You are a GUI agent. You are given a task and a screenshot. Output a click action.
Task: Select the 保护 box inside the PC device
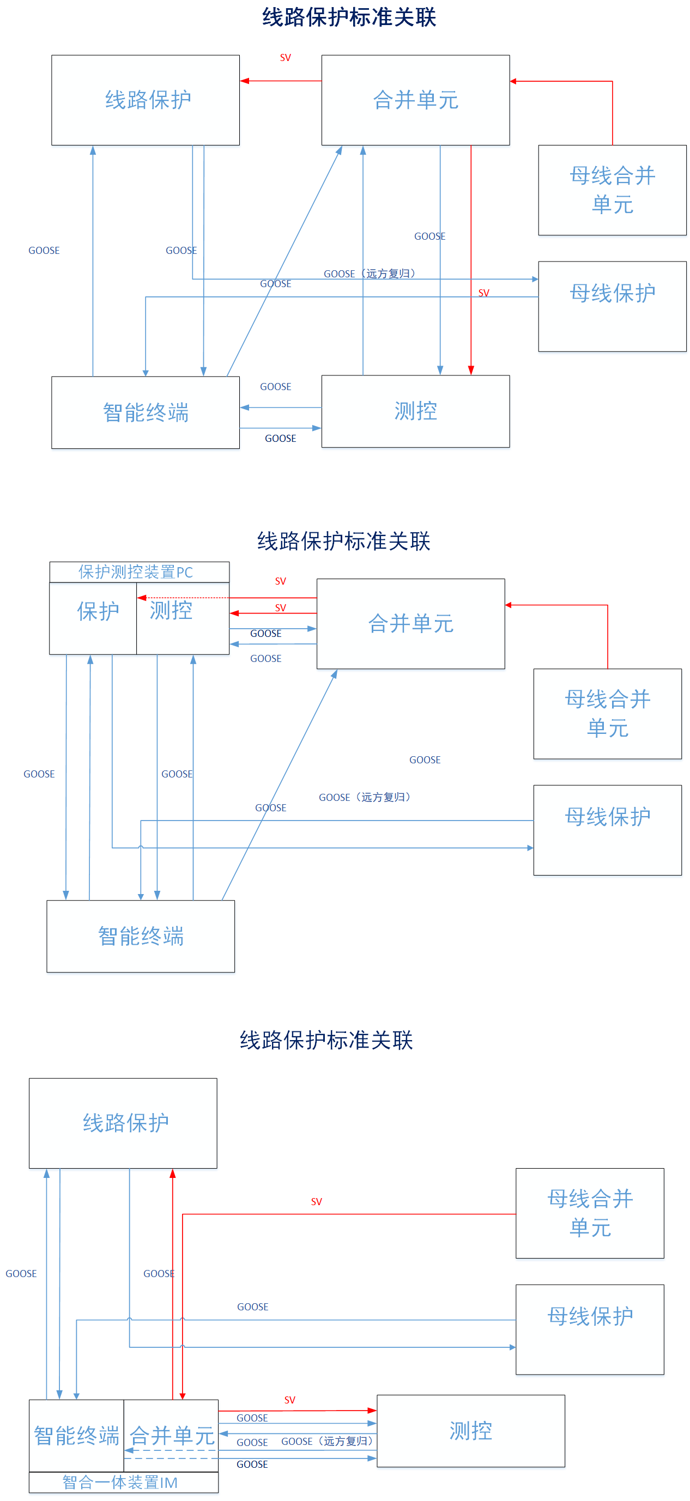(93, 618)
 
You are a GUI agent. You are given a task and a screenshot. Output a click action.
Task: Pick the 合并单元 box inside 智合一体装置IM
(171, 1435)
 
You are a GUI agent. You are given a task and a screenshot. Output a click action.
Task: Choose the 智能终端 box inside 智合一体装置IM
(76, 1435)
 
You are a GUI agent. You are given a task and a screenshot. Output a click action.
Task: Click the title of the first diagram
(348, 17)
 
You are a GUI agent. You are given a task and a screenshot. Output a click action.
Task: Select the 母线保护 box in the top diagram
(612, 306)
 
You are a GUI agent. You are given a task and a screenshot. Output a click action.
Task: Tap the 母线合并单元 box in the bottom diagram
(589, 1213)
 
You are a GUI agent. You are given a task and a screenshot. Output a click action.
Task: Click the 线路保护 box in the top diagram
(145, 100)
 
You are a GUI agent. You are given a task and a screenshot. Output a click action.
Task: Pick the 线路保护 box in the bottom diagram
(123, 1123)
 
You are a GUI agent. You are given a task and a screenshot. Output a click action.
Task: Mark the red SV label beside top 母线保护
(483, 293)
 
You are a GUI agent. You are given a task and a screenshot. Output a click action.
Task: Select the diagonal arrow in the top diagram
(284, 261)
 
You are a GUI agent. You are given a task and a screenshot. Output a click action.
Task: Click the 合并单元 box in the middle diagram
(410, 623)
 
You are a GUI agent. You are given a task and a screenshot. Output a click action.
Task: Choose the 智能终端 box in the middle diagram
(141, 936)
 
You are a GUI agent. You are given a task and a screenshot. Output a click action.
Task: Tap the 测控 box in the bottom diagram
(470, 1431)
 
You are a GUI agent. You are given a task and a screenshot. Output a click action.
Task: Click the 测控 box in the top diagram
(415, 411)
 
